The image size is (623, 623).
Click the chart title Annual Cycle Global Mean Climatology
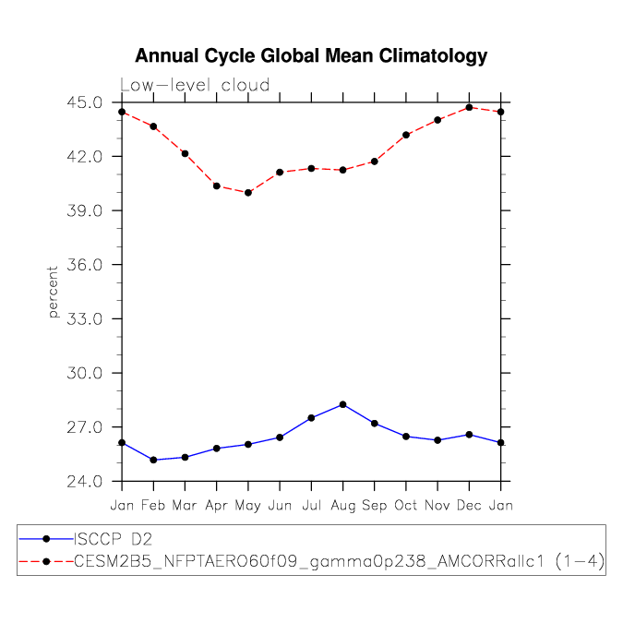click(x=311, y=56)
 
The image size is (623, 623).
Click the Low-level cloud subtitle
click(x=195, y=85)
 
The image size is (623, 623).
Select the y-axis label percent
click(x=53, y=292)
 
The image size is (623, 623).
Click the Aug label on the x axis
click(x=342, y=505)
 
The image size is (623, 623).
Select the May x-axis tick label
click(x=247, y=505)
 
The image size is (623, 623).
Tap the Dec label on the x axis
click(x=469, y=505)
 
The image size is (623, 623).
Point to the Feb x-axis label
click(x=153, y=505)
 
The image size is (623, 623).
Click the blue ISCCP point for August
click(x=342, y=404)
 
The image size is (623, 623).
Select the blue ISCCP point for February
click(x=153, y=460)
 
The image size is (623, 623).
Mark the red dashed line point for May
click(x=248, y=192)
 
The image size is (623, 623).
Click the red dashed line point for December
click(x=469, y=107)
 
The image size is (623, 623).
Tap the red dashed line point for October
click(x=406, y=135)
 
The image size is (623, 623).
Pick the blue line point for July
click(x=311, y=418)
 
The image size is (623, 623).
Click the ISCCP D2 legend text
click(x=113, y=538)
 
